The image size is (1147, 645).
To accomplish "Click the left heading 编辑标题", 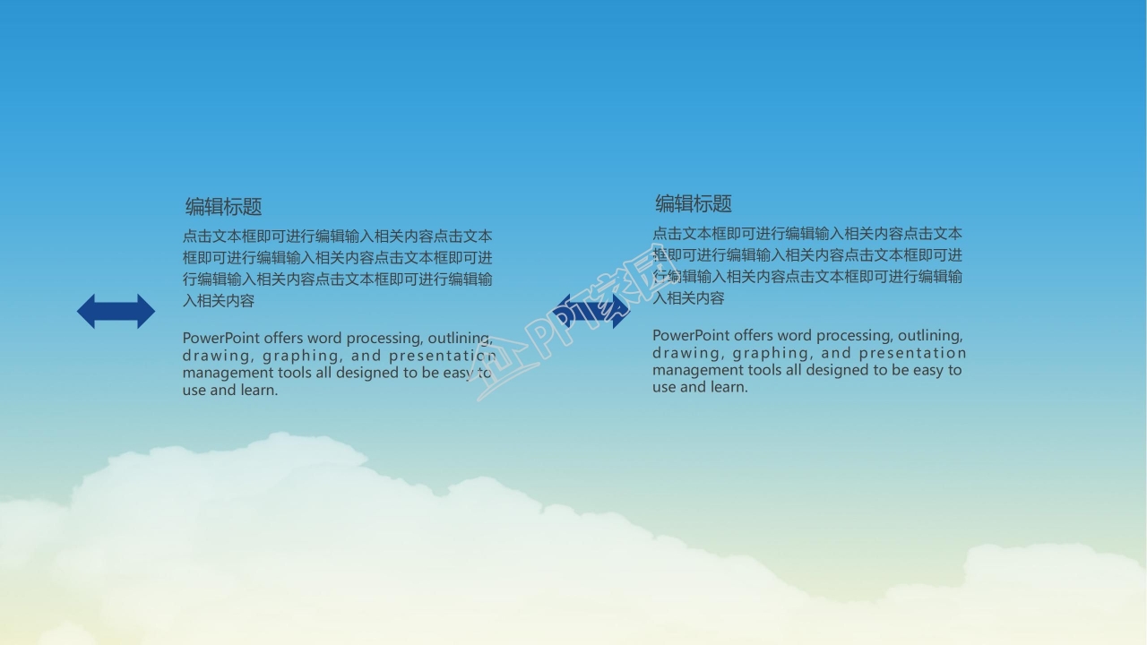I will tap(223, 207).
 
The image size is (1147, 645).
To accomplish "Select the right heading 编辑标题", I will tap(693, 204).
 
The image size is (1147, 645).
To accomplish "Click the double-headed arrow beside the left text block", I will tap(116, 312).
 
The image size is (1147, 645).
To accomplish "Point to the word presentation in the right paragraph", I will tap(913, 353).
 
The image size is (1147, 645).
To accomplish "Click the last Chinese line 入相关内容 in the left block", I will tap(219, 301).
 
